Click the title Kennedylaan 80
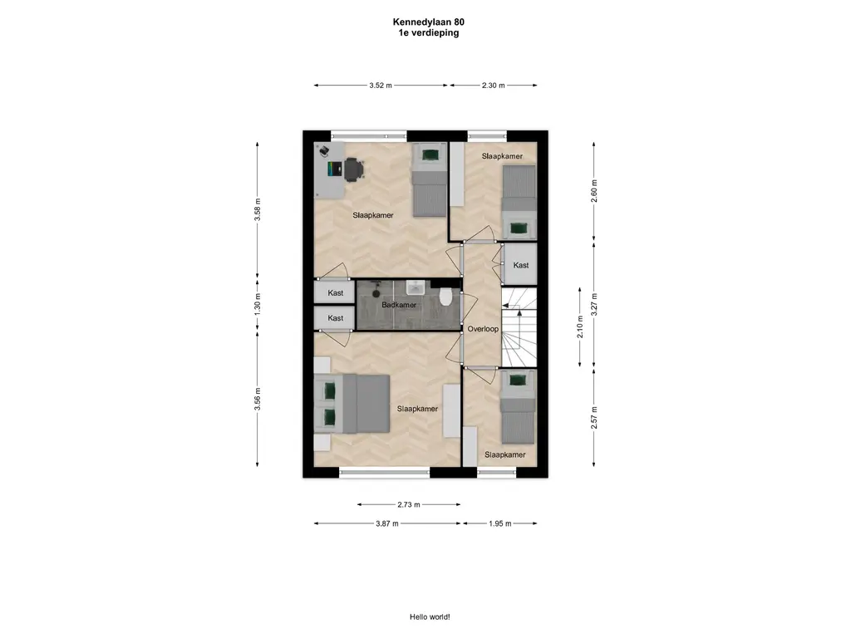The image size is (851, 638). click(429, 22)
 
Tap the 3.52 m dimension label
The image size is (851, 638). click(381, 86)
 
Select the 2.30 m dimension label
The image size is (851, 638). click(494, 86)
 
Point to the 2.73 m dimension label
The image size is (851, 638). click(409, 504)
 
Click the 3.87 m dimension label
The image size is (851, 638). click(387, 523)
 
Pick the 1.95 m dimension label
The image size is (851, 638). click(499, 523)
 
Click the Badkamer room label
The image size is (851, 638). click(399, 305)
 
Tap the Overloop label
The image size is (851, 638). click(483, 329)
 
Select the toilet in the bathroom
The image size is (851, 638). click(445, 297)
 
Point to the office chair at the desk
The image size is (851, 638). click(353, 169)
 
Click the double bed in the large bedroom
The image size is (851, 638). click(352, 404)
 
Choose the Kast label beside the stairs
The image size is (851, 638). click(521, 265)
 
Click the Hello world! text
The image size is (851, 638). click(430, 617)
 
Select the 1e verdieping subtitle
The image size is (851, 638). click(429, 32)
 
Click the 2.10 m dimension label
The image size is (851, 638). click(580, 326)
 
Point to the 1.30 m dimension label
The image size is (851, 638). click(258, 305)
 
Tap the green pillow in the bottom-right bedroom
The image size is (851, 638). click(517, 380)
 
